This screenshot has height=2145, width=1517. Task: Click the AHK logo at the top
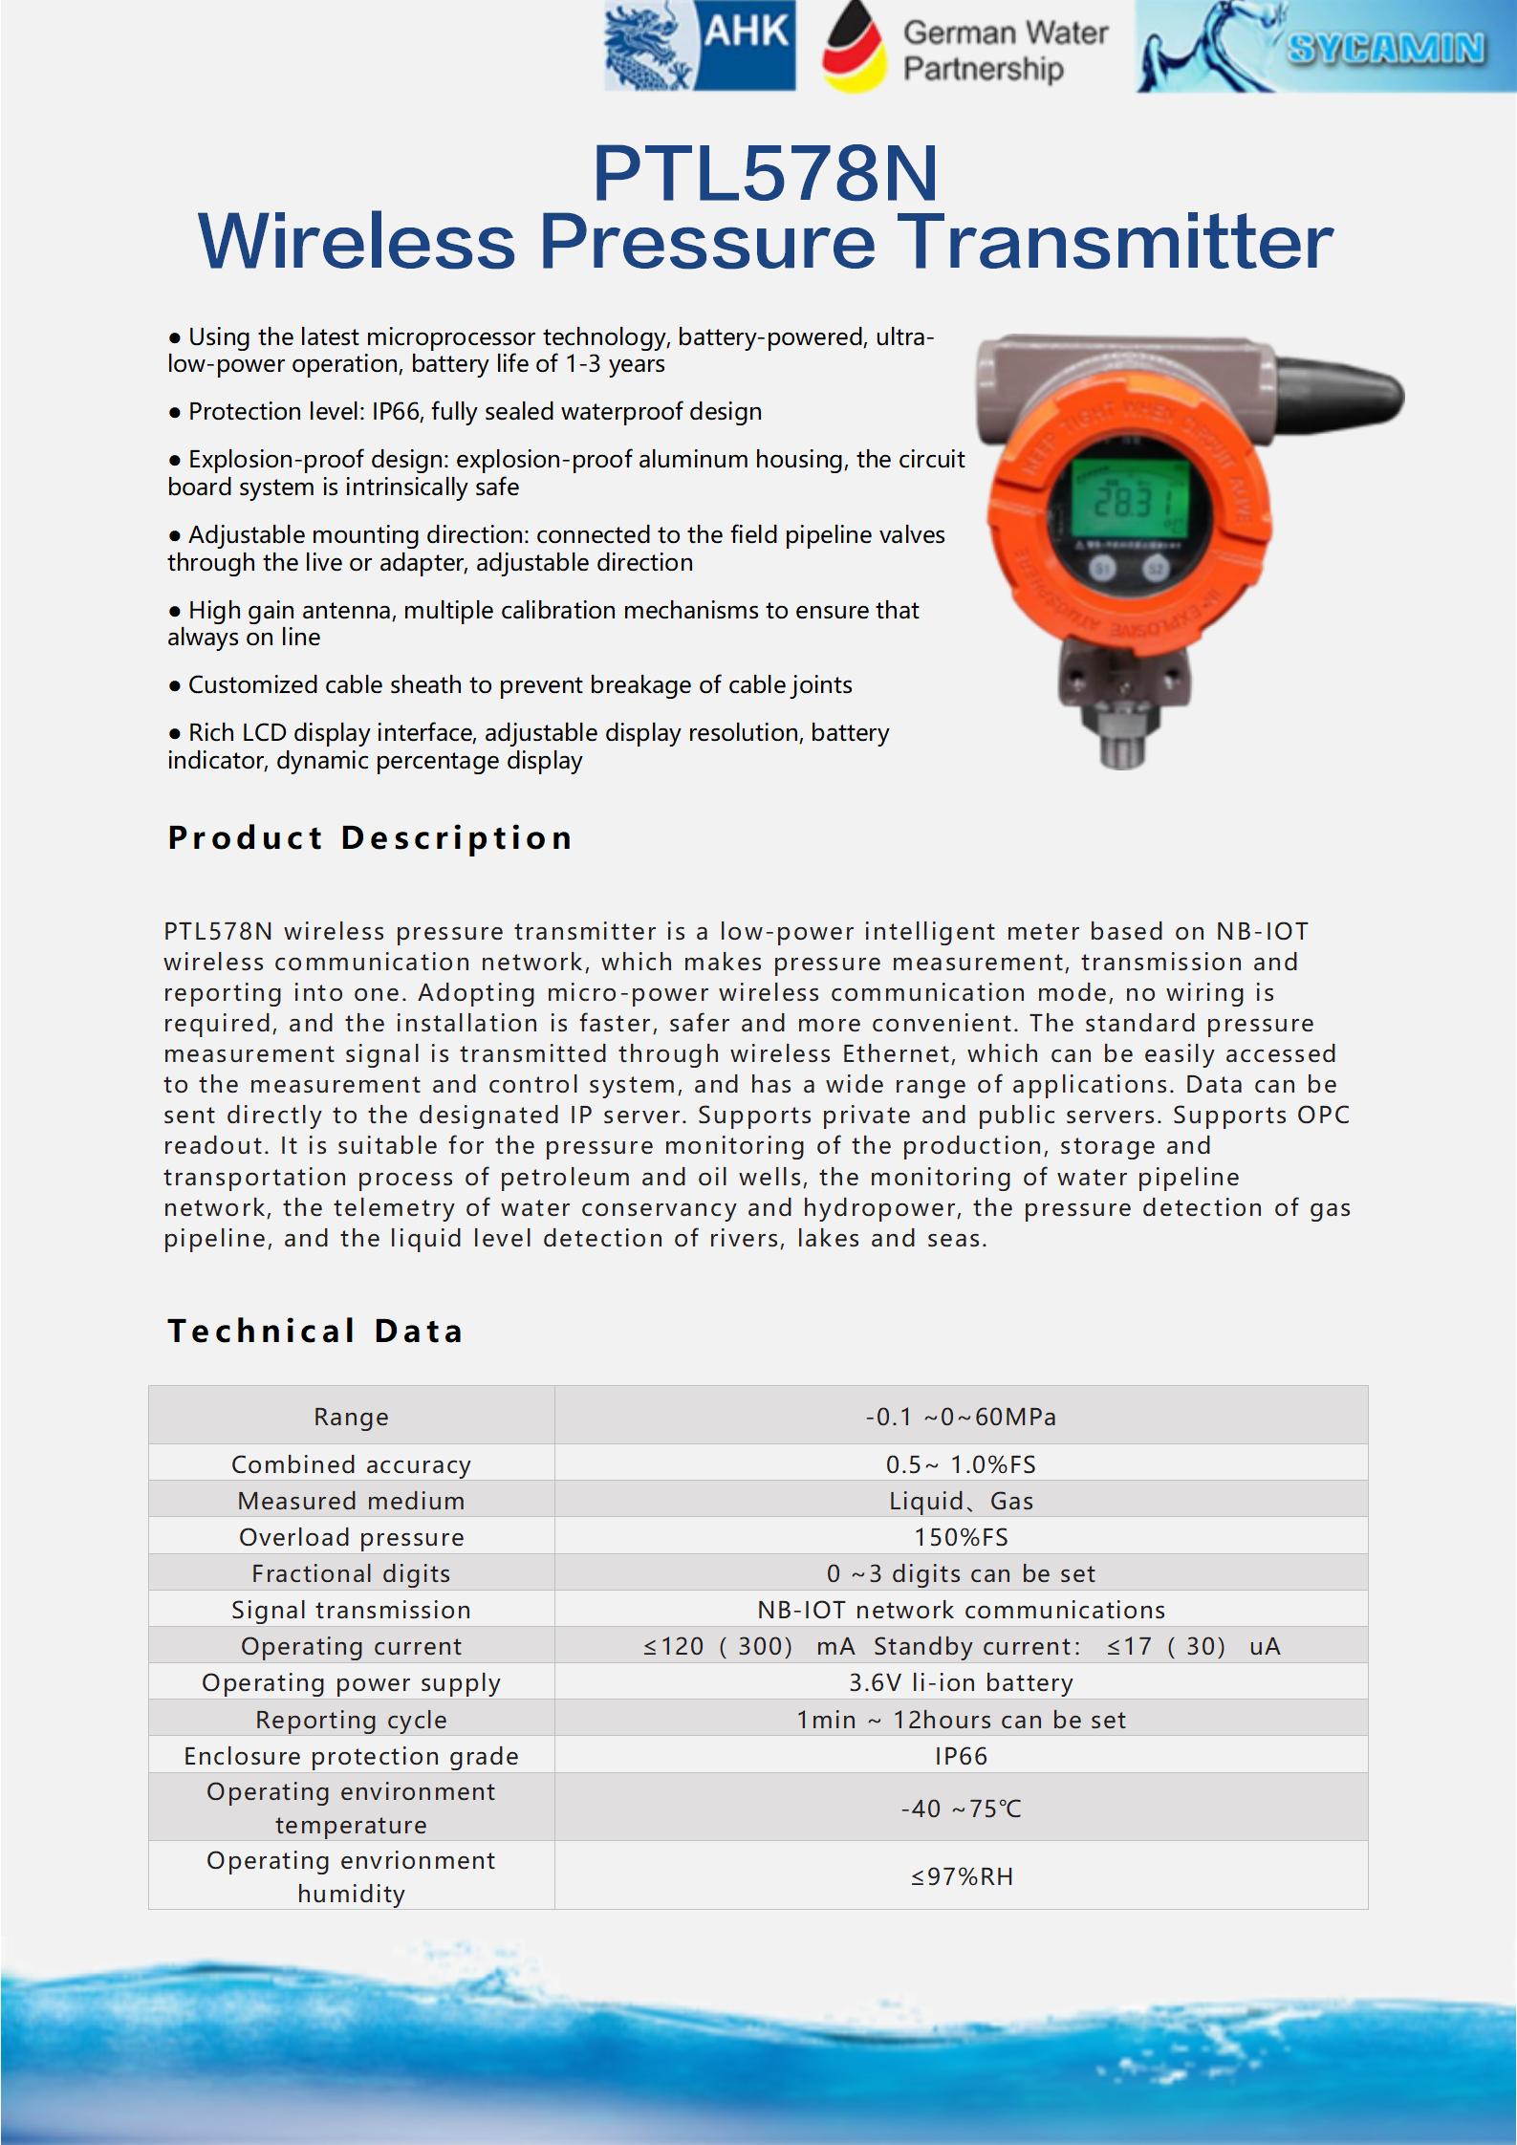click(701, 46)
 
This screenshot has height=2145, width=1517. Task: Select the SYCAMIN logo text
click(1385, 48)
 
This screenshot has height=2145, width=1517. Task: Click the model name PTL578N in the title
click(766, 174)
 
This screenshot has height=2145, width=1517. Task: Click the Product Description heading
click(370, 837)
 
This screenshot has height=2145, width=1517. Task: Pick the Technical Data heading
click(315, 1331)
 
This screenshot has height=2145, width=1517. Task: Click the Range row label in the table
click(351, 1417)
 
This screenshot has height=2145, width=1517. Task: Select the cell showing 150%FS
click(961, 1537)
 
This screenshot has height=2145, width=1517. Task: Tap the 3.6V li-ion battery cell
click(961, 1682)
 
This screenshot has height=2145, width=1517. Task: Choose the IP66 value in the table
click(961, 1756)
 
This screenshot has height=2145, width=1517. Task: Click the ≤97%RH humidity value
click(961, 1876)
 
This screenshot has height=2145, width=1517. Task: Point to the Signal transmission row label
click(351, 1610)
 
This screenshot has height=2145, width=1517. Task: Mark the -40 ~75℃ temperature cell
click(961, 1809)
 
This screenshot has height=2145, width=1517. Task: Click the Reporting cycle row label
click(351, 1720)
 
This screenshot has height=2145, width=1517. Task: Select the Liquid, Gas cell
click(961, 1501)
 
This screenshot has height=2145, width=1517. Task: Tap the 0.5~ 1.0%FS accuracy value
click(961, 1464)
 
